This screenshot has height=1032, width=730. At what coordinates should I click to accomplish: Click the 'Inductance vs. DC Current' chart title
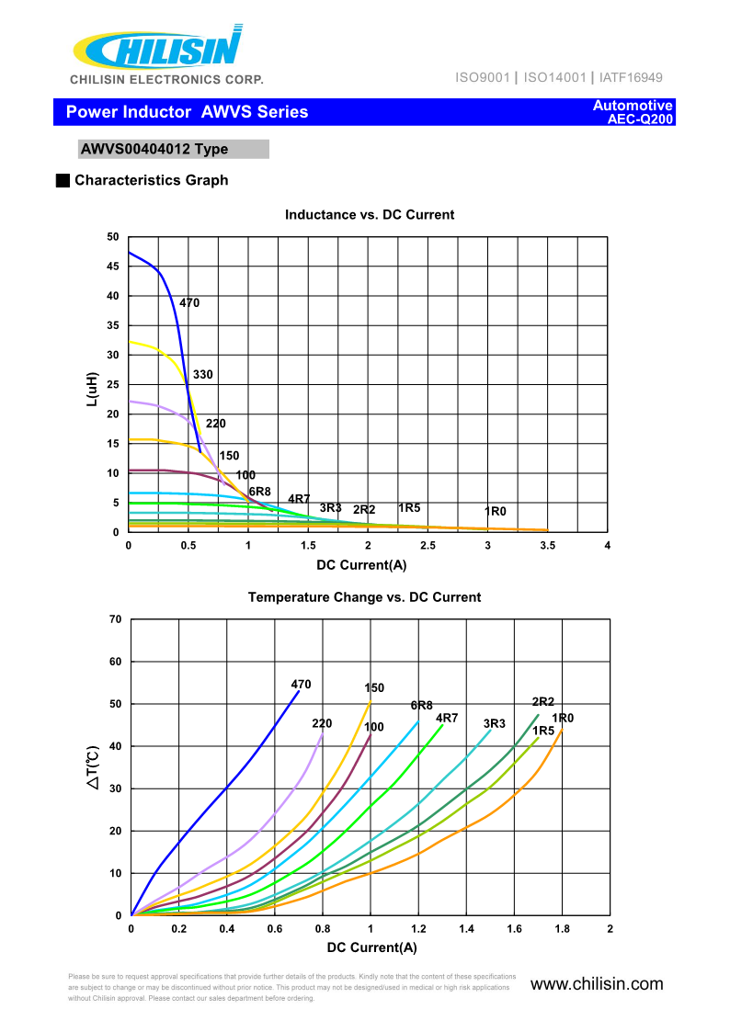coord(370,215)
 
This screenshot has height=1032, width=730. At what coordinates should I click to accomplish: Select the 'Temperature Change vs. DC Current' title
coord(364,597)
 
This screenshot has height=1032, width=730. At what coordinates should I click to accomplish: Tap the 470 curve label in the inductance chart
coord(189,303)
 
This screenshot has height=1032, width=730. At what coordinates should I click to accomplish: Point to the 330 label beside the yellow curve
coord(203,375)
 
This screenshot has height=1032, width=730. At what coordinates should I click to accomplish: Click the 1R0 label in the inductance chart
coord(496,511)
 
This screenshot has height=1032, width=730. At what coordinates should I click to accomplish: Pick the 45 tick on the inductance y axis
coord(113,267)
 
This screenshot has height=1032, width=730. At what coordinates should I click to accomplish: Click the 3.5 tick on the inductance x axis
coord(547,546)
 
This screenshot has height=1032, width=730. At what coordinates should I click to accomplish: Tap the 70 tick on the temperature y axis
coord(115,619)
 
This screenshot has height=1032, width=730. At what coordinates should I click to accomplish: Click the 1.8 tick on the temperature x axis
coord(562,929)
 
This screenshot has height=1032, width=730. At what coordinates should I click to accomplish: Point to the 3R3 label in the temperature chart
coord(495,724)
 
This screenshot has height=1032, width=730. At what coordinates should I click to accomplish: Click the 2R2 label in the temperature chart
coord(543,702)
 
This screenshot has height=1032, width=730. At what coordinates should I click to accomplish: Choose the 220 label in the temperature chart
coord(322,724)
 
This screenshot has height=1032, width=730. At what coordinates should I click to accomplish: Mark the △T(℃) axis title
coord(94,768)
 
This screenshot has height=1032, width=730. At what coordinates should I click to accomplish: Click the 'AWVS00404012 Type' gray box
coord(174,150)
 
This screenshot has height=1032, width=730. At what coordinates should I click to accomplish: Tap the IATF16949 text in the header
coord(630,77)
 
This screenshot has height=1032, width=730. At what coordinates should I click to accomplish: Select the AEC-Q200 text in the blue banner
coord(641,119)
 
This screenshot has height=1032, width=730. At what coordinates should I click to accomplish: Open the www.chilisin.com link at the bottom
coord(597,984)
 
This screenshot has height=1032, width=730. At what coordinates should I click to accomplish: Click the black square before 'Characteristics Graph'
coord(63,180)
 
